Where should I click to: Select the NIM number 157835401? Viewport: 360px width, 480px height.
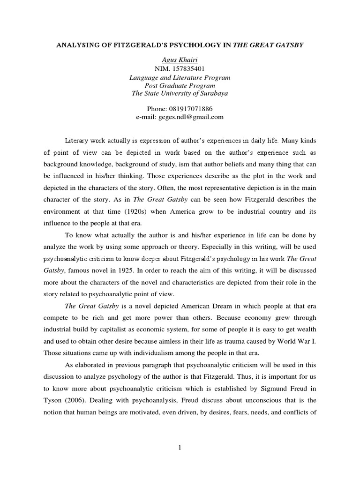click(x=188, y=68)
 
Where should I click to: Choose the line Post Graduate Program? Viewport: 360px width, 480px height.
click(x=180, y=85)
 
